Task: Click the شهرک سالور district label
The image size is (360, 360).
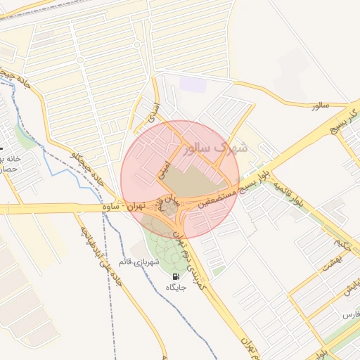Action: point(215,149)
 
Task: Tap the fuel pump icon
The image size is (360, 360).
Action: point(175,276)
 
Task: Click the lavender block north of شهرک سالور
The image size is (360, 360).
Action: point(193,85)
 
